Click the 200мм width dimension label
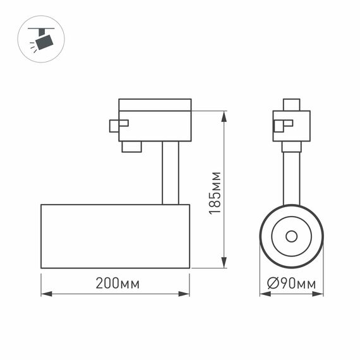coord(117,284)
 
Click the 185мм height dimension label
coord(215,193)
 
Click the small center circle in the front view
coord(291,236)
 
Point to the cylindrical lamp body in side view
coord(115,236)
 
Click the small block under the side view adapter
coord(131,147)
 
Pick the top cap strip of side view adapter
coord(155,104)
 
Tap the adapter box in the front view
coord(291,126)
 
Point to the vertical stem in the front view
coord(291,178)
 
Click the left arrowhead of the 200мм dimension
coord(45,294)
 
